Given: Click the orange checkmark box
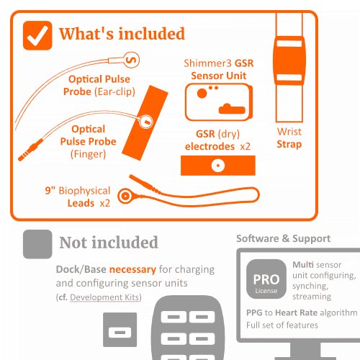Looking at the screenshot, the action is tap(37, 35).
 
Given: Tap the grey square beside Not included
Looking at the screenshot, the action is tap(37, 244).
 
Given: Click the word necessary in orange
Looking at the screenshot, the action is tap(132, 270).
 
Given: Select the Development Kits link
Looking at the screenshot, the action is tap(104, 297).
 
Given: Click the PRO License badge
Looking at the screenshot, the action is tap(266, 279).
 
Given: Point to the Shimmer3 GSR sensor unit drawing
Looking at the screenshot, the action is tap(219, 102).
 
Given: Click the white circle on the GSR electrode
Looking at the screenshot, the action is tap(218, 166).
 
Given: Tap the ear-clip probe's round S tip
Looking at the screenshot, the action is tap(132, 60).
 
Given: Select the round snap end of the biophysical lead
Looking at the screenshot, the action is tap(125, 196).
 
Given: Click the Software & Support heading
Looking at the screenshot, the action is tap(283, 238).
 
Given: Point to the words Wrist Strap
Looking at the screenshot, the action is tap(289, 138).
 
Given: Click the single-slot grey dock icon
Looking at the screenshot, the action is tap(120, 330).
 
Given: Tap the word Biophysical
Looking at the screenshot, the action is tap(84, 191).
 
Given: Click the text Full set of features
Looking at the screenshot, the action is tap(282, 325).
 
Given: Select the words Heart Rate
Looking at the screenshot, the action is tap(296, 312).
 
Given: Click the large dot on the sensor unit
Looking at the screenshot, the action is tap(202, 94).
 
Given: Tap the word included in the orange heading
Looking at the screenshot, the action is tap(152, 34).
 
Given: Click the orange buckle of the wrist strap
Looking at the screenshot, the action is tap(289, 60).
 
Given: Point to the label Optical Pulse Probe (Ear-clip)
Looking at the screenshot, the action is tap(99, 86).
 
